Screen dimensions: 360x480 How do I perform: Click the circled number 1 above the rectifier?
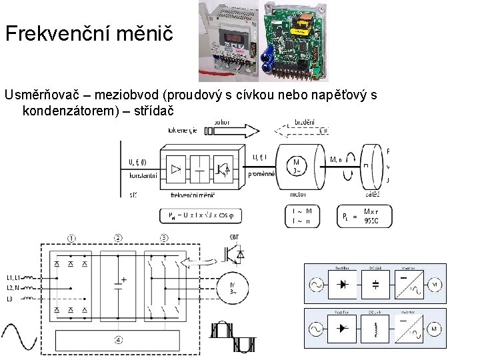point(72,238)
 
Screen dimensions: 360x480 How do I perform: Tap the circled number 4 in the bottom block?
point(118,339)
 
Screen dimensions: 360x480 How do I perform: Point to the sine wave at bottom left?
point(19,337)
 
